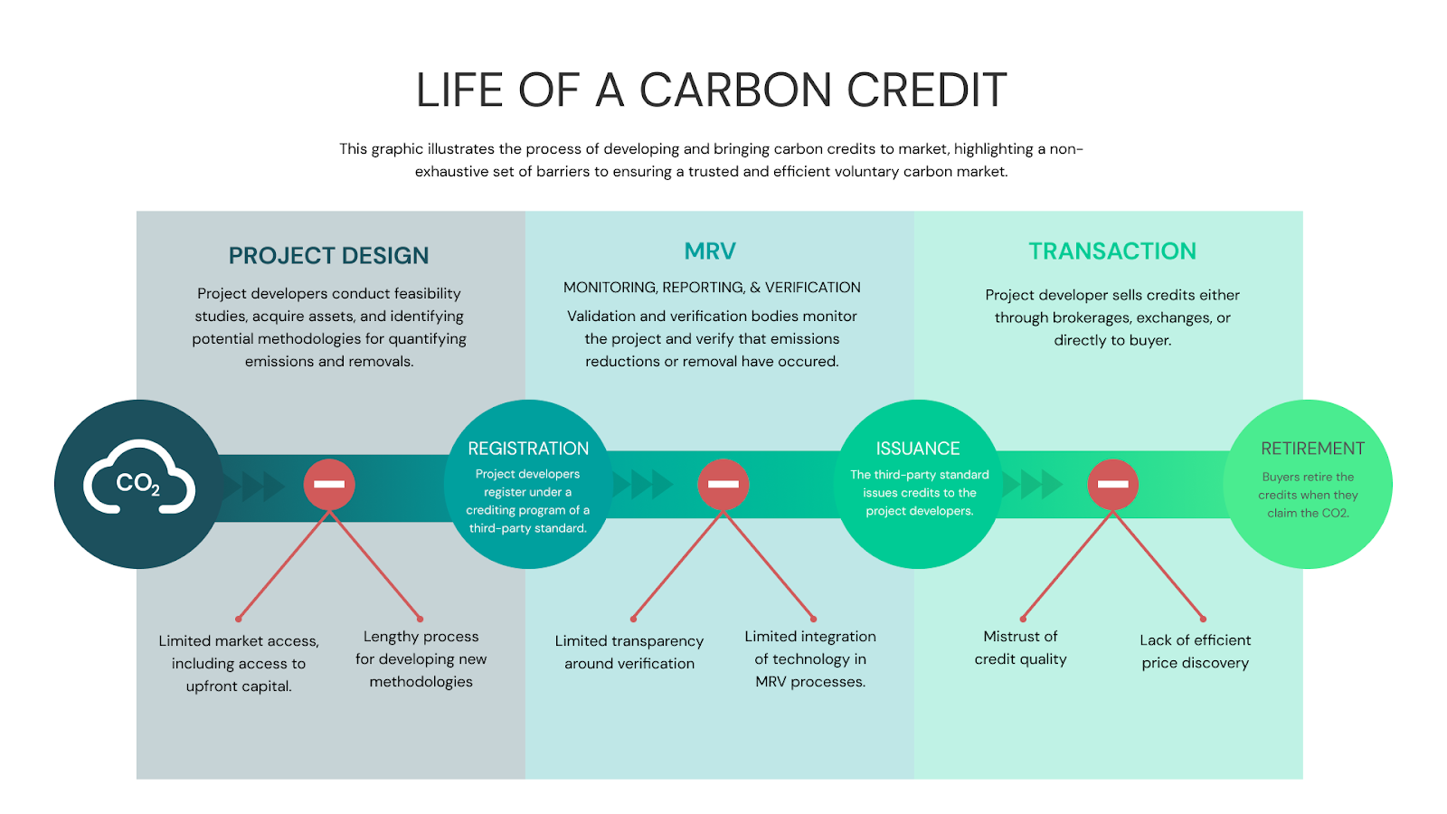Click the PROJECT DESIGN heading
click(328, 256)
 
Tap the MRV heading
click(710, 251)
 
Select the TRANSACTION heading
click(1111, 251)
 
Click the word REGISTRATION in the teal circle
click(528, 449)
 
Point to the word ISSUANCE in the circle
click(917, 449)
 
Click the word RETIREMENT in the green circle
click(1312, 449)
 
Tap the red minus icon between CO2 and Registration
click(329, 484)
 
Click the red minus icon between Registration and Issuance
click(723, 484)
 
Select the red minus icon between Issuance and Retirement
click(1112, 484)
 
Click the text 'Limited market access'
click(239, 641)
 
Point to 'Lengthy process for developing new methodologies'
click(421, 659)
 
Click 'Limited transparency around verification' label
click(629, 652)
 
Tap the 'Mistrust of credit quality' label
click(1020, 648)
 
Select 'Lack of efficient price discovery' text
click(1195, 651)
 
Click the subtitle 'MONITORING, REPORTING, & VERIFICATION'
click(712, 288)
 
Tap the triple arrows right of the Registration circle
click(642, 484)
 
